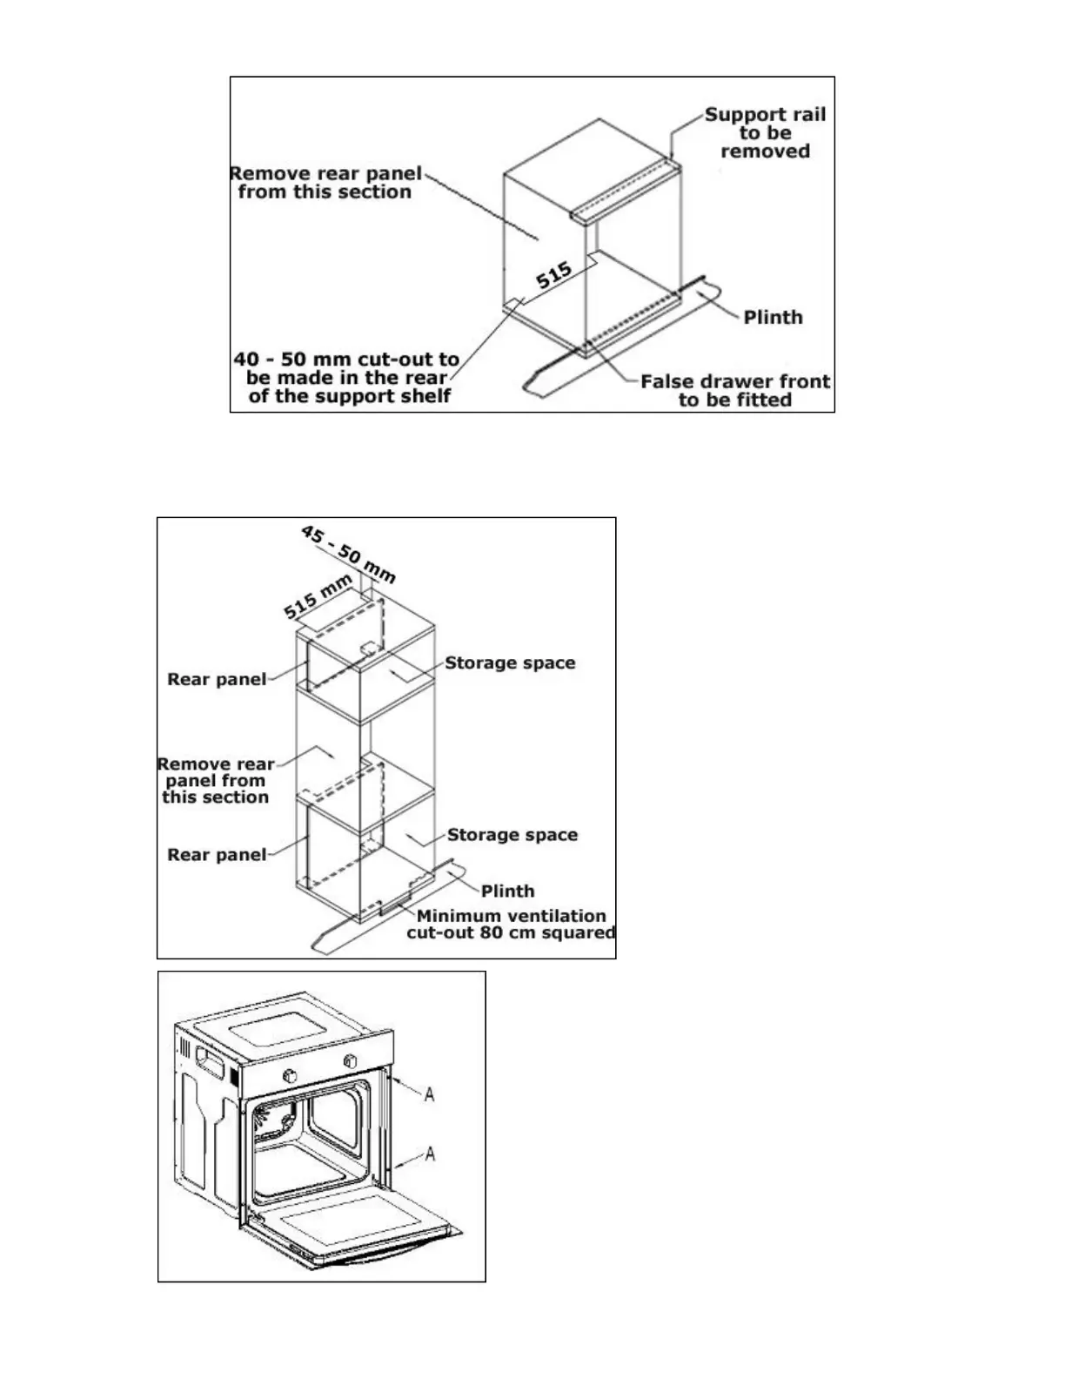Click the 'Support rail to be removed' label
coord(765,133)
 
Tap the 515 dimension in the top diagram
coord(554,276)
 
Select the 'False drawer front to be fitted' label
coord(735,391)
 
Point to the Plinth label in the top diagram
coord(773,318)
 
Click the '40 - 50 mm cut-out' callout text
coord(346,378)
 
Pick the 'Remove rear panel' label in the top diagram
coord(325,183)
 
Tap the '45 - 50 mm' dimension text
coord(348,554)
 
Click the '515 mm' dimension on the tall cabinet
coord(318,596)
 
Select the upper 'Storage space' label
coord(510,663)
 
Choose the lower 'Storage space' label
coord(512,835)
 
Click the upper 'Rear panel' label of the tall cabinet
coord(217,679)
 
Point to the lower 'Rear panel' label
coord(217,855)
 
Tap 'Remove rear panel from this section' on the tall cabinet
coord(216,781)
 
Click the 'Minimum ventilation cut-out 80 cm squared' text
coord(511,925)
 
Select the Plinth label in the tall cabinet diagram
coord(507,891)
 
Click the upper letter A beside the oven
coord(429,1093)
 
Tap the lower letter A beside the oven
coord(429,1154)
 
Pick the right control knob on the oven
coord(351,1061)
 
